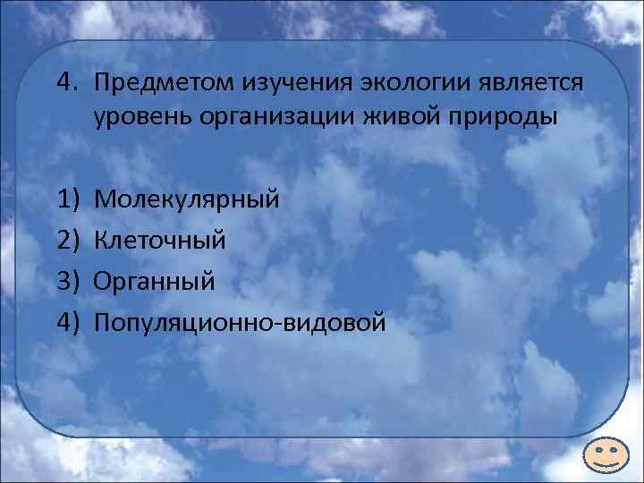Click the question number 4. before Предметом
tap(68, 82)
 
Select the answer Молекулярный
tap(186, 199)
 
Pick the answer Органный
tap(154, 282)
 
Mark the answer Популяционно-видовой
tap(240, 322)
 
